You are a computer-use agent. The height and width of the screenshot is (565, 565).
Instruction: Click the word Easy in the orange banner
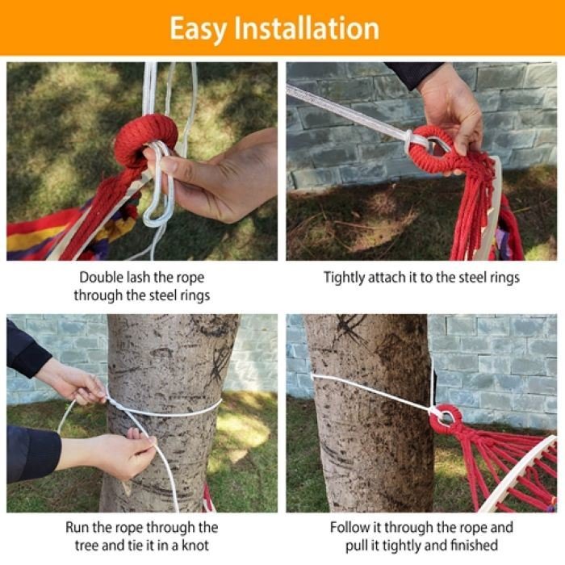[x=199, y=29]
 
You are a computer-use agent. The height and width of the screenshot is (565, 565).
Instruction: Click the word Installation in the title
[x=307, y=28]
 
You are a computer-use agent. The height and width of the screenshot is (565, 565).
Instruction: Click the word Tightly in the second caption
[x=344, y=278]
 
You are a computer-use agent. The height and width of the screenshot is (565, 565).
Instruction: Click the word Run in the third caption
[x=77, y=528]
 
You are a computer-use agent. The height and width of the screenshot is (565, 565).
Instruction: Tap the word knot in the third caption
[x=195, y=545]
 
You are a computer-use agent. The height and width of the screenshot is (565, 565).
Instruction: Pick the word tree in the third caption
[x=86, y=546]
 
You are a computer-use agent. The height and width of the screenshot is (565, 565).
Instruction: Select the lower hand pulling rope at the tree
[x=108, y=456]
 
